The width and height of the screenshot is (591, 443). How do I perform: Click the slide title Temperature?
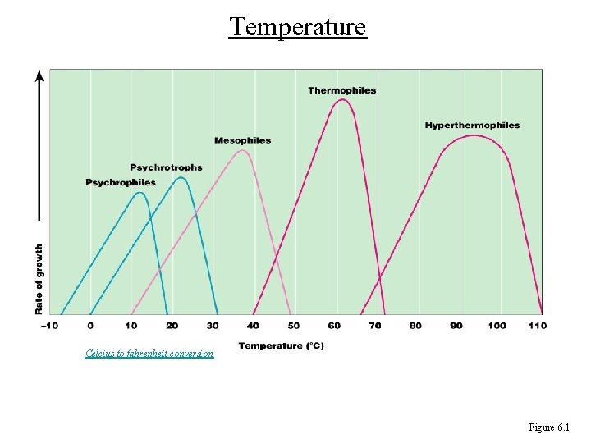point(297,27)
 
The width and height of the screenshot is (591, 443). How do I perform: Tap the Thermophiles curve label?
point(341,90)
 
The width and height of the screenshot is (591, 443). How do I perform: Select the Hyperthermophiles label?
point(472,126)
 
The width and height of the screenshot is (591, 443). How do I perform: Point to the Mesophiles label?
point(242,140)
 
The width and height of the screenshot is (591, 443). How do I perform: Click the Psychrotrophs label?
point(166,167)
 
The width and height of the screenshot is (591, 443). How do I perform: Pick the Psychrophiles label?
point(121,182)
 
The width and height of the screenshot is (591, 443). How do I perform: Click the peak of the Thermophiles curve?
point(343,100)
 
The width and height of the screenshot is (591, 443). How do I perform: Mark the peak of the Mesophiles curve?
point(242,150)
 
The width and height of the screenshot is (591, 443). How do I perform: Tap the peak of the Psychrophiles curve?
point(140,193)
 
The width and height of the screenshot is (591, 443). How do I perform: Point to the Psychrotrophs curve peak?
point(182,178)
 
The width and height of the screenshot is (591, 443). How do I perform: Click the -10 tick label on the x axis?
point(49,326)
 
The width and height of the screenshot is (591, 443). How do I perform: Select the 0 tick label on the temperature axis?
point(90,326)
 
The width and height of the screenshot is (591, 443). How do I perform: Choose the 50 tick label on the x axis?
point(293,326)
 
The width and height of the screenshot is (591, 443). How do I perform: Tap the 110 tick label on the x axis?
point(537,326)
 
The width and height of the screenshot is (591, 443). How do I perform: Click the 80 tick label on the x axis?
point(415,326)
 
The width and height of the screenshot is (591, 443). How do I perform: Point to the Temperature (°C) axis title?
point(282,345)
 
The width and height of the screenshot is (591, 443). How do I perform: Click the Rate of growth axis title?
point(39,278)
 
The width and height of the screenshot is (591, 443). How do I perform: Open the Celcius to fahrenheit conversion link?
point(149,354)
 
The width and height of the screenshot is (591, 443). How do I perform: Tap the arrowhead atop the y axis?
point(39,75)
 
